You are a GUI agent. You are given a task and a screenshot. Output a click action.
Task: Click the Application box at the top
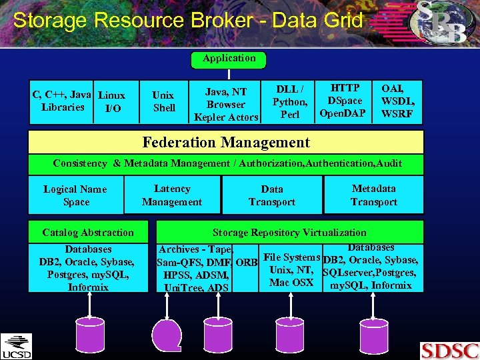[x=229, y=59]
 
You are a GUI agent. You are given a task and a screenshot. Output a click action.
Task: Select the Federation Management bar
[x=226, y=142]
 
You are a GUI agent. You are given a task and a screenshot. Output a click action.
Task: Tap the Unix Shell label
[x=163, y=101]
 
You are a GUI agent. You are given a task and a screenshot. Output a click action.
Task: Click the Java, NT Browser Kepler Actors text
[x=226, y=105]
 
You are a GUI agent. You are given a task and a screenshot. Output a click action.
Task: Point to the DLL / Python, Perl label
[x=290, y=101]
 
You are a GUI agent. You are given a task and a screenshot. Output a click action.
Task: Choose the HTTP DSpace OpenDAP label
[x=343, y=101]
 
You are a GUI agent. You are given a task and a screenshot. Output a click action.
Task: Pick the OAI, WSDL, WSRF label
[x=397, y=101]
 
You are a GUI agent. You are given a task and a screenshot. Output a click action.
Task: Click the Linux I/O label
[x=112, y=101]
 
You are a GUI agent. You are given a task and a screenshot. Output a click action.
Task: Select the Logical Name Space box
[x=75, y=195]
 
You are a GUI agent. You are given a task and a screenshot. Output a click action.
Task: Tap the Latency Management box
[x=172, y=195]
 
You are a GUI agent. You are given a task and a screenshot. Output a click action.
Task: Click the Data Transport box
[x=272, y=195]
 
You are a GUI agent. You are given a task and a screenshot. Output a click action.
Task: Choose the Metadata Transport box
[x=374, y=195]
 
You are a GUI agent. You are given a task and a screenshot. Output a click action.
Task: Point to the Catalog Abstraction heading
[x=88, y=233]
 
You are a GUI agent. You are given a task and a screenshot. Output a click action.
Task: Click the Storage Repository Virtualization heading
[x=289, y=233]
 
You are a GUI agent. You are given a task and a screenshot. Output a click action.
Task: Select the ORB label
[x=247, y=261]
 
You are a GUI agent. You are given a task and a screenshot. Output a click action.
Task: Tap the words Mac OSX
[x=291, y=283]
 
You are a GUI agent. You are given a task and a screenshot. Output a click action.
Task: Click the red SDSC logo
[x=449, y=350]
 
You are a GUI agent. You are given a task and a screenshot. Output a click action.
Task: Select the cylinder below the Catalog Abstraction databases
[x=89, y=327]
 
